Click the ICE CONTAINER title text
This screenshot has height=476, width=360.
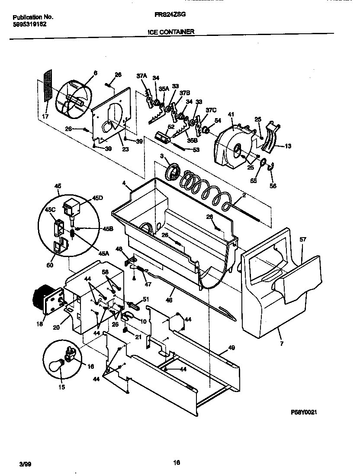click(x=171, y=32)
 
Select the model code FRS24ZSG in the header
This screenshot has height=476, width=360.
click(x=170, y=14)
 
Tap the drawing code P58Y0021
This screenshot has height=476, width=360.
click(x=304, y=413)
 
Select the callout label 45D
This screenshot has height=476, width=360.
click(x=98, y=199)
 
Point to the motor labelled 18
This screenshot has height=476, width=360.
click(x=43, y=299)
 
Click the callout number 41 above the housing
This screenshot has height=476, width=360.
click(x=231, y=114)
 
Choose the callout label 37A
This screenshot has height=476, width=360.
click(x=141, y=76)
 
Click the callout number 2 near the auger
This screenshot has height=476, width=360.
click(x=244, y=195)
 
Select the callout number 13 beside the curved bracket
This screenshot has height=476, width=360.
click(x=288, y=146)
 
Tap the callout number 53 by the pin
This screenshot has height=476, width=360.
click(x=196, y=150)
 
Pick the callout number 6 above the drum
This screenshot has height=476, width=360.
click(x=96, y=73)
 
